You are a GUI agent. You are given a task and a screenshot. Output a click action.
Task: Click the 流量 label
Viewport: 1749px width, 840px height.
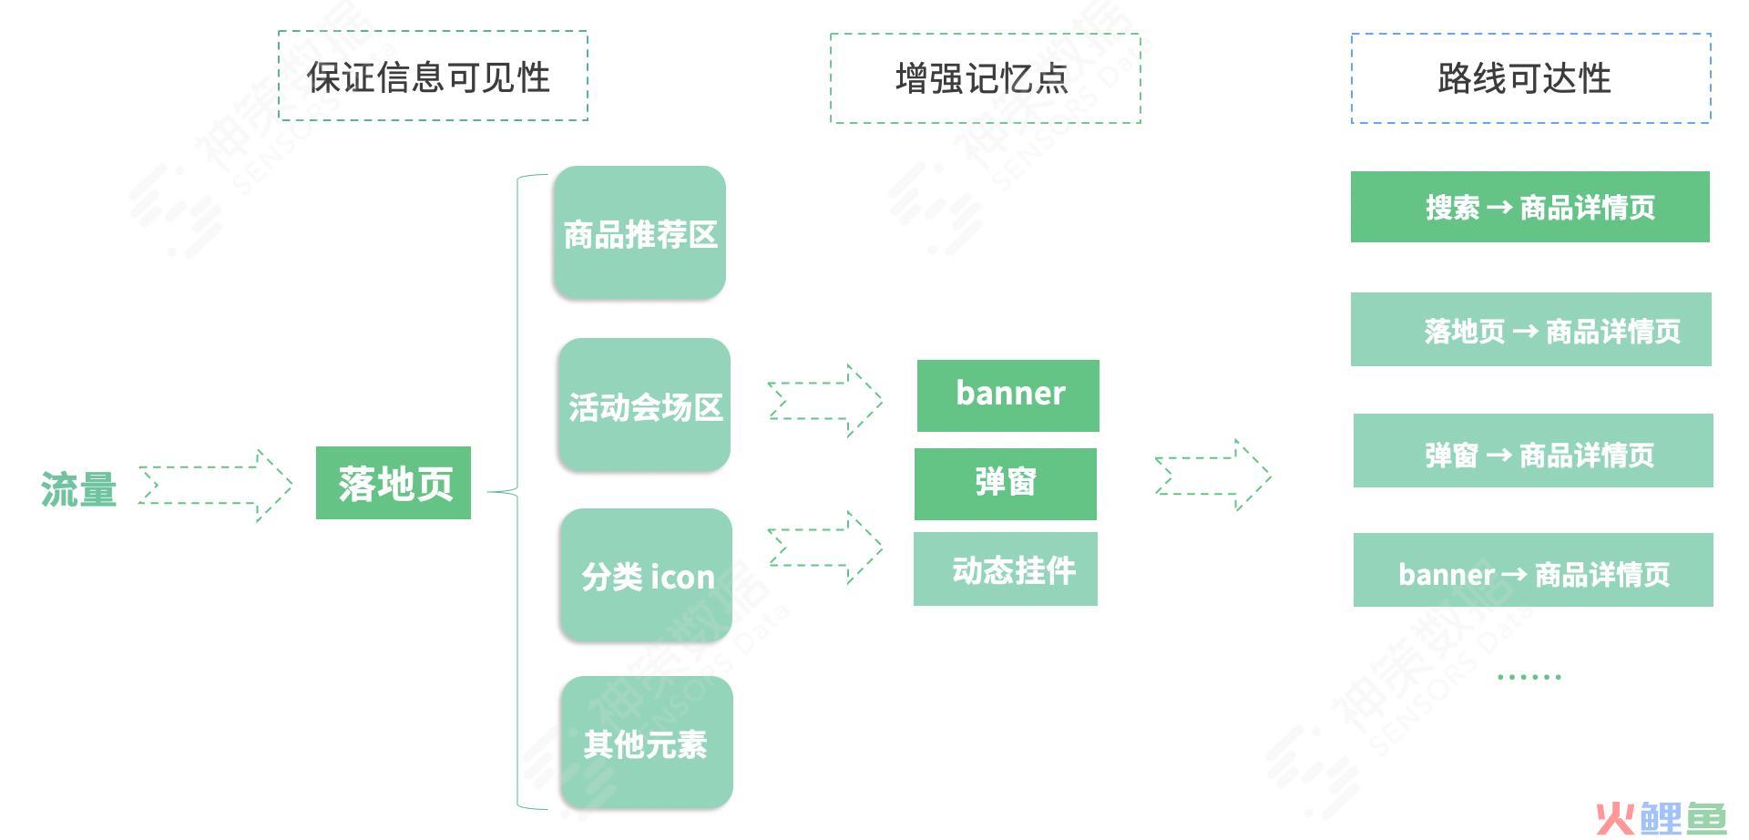pos(78,489)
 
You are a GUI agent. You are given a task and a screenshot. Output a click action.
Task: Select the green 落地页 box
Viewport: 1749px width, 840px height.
pos(394,483)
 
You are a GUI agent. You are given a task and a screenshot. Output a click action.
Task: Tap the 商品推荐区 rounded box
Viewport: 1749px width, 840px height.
pos(639,233)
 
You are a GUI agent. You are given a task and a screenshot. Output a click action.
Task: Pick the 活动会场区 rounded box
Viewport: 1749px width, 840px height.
pos(644,405)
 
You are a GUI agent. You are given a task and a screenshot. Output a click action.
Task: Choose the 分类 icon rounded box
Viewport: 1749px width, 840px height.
pos(646,576)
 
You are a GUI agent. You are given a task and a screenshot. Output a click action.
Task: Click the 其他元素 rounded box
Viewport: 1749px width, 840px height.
pos(647,743)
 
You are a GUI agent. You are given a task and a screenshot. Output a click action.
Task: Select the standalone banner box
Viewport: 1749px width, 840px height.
pos(1008,395)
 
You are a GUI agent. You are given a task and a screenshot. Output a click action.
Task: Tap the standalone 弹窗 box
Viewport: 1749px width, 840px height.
pos(1006,484)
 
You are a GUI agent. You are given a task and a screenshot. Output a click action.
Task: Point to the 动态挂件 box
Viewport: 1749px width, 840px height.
pos(1006,569)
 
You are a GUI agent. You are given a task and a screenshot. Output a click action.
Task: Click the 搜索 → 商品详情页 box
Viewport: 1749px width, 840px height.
pos(1530,207)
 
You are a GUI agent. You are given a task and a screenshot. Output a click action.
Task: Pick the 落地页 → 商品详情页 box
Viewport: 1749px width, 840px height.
pos(1531,329)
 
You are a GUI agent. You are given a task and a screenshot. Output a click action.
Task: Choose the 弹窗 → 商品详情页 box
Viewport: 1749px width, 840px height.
pos(1533,450)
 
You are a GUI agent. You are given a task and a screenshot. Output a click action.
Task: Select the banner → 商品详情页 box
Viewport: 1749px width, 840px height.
pos(1533,569)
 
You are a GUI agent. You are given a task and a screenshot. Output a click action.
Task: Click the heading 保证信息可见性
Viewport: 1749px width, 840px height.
pos(429,77)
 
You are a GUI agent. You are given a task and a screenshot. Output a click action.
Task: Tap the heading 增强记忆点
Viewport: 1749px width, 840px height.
pos(982,78)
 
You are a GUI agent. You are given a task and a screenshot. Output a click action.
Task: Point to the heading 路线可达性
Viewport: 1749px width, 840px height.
pos(1525,78)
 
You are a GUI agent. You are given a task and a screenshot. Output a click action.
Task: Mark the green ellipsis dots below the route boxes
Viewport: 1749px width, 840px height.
pos(1529,677)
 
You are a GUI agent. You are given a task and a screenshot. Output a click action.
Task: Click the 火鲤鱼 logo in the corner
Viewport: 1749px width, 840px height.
pos(1662,819)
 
